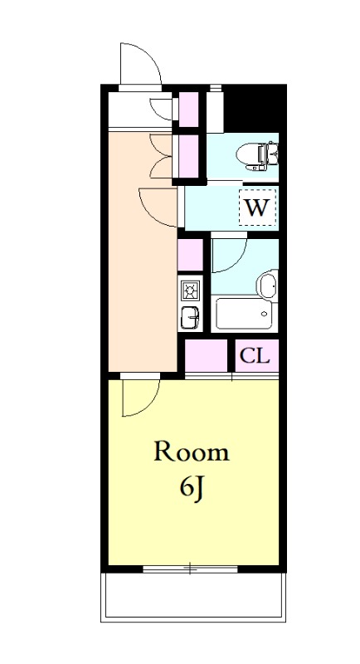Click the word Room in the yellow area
pyautogui.click(x=192, y=452)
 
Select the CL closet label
pyautogui.click(x=255, y=356)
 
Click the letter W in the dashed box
pyautogui.click(x=257, y=207)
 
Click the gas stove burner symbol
pyautogui.click(x=188, y=290)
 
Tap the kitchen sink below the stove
pyautogui.click(x=189, y=317)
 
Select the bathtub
pyautogui.click(x=244, y=314)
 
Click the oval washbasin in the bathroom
pyautogui.click(x=267, y=286)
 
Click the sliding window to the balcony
pyautogui.click(x=190, y=569)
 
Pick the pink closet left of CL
pyautogui.click(x=206, y=356)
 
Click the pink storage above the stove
pyautogui.click(x=190, y=255)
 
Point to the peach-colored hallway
pyautogui.click(x=142, y=254)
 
